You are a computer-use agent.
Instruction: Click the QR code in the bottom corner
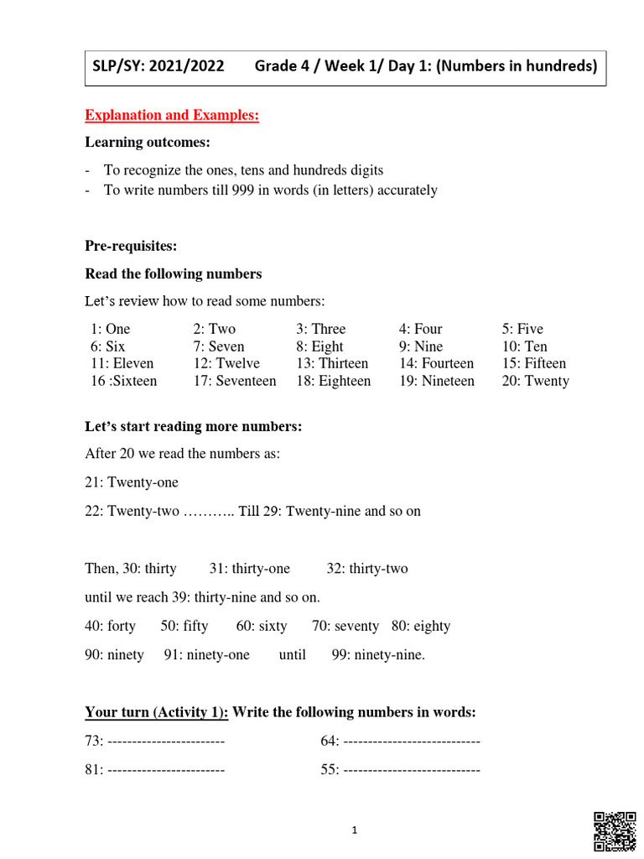[615, 833]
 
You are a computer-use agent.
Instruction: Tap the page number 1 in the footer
[355, 830]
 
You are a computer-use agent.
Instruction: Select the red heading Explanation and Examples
[172, 116]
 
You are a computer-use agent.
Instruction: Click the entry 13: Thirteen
[332, 363]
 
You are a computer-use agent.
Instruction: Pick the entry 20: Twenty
[536, 381]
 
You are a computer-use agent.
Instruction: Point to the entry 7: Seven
[219, 346]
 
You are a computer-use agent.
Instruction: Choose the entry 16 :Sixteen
[123, 381]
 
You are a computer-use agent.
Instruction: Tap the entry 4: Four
[421, 329]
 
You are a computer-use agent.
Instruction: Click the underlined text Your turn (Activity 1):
[157, 712]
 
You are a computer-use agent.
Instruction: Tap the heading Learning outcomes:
[148, 143]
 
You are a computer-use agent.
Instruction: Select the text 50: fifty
[184, 626]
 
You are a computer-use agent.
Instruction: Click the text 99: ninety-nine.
[379, 654]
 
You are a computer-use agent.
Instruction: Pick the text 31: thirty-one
[250, 569]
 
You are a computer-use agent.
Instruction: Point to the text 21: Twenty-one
[132, 482]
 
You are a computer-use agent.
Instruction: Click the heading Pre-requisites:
[131, 246]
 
